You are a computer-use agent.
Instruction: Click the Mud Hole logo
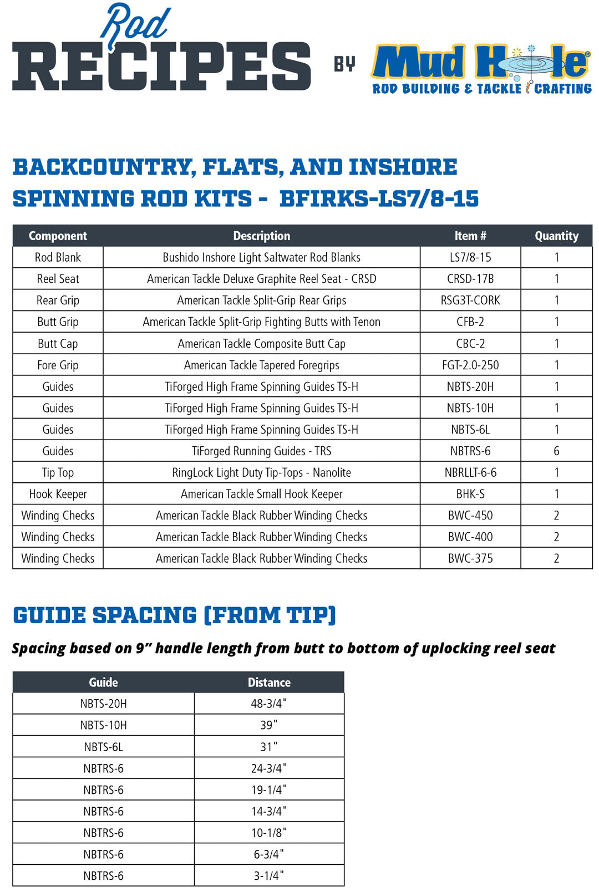point(481,68)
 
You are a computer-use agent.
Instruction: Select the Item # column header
point(470,236)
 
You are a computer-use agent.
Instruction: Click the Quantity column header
point(556,236)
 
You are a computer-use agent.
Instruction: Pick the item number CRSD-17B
point(470,279)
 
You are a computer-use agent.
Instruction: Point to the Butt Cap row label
point(58,344)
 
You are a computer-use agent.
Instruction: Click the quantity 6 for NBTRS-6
point(556,451)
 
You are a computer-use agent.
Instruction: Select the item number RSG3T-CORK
point(470,300)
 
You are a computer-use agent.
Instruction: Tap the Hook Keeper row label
point(58,494)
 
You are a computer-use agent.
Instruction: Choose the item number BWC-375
point(470,558)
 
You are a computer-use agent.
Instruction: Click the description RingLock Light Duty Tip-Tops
point(261,473)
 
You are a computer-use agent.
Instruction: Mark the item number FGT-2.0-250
point(470,365)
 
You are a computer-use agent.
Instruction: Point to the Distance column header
point(269,682)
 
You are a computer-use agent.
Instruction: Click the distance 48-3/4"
point(269,704)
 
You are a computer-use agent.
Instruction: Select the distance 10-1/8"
point(269,833)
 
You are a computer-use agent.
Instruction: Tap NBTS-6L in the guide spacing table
point(103,747)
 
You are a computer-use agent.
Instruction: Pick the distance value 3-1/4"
point(269,876)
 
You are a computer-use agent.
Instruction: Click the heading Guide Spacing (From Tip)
point(174,615)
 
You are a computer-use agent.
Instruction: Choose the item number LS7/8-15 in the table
point(470,257)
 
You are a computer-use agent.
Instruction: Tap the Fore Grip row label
point(58,365)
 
